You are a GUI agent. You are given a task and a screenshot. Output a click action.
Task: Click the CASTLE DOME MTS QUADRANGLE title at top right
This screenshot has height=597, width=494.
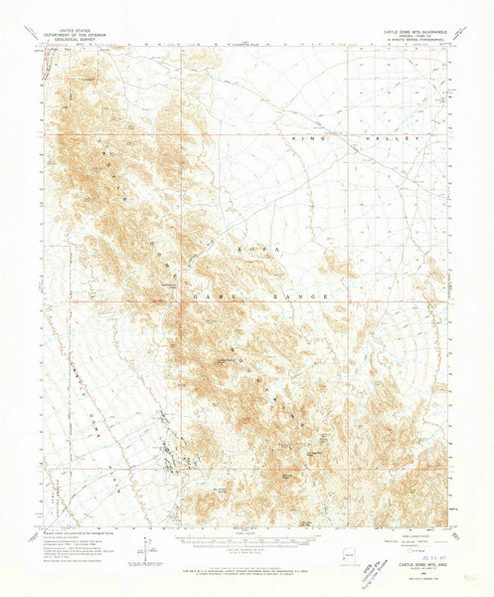(x=408, y=31)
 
